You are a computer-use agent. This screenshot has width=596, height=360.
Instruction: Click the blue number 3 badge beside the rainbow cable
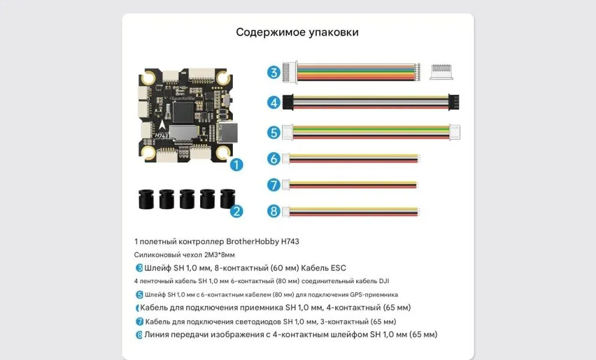(x=274, y=72)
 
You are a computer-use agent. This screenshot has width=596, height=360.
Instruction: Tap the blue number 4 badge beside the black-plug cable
(x=274, y=102)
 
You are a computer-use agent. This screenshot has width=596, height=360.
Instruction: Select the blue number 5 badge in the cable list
(x=274, y=133)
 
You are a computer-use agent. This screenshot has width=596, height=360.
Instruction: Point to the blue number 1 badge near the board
(x=236, y=165)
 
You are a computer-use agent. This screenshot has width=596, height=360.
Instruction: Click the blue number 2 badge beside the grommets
(x=236, y=211)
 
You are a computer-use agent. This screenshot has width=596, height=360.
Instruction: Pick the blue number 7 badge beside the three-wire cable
(x=274, y=185)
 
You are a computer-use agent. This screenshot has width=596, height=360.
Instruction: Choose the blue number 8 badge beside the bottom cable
(x=274, y=211)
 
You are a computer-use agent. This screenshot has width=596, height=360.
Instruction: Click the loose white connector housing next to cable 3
(x=441, y=72)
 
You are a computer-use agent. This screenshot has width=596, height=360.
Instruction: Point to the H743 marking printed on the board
(x=161, y=136)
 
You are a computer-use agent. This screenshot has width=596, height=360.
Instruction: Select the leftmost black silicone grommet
(x=146, y=198)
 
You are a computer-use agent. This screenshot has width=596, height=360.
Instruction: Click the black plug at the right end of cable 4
(x=453, y=102)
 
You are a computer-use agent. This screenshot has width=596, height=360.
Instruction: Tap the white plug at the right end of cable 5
(x=455, y=133)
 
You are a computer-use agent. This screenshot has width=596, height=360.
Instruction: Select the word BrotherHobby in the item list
(x=253, y=241)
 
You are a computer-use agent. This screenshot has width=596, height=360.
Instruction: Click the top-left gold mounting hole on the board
(x=148, y=78)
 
